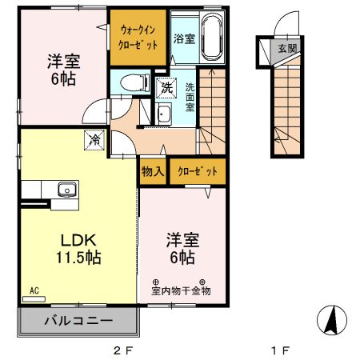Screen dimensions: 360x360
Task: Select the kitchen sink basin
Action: tap(67, 190)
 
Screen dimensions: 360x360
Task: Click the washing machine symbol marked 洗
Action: tap(166, 88)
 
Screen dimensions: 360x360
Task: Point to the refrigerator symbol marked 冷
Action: tap(94, 139)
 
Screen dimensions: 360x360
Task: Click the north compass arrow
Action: tap(332, 320)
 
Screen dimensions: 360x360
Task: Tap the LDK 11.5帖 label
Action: tap(78, 249)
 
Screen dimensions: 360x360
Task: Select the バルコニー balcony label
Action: tap(78, 320)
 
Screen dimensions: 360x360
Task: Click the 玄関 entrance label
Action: tap(287, 48)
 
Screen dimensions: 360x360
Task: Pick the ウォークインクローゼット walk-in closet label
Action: tap(138, 38)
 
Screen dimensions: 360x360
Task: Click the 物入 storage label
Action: tap(153, 171)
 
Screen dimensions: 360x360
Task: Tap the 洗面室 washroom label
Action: tap(190, 97)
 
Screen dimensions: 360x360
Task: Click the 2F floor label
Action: tap(123, 350)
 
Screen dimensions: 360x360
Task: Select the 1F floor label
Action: tap(281, 350)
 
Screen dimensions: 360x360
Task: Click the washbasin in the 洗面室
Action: tap(164, 114)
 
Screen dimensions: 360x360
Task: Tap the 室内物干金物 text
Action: tap(181, 290)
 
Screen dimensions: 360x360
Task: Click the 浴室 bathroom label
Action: tap(185, 38)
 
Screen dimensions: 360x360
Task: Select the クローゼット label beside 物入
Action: tap(198, 171)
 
